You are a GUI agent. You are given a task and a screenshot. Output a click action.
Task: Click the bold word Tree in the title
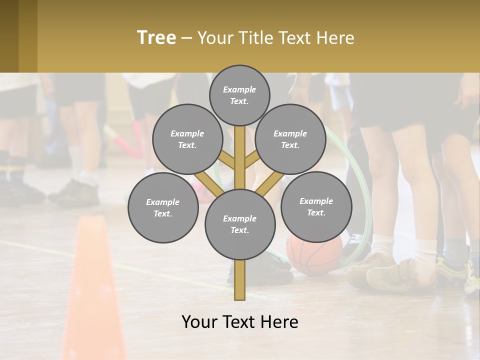[156, 38]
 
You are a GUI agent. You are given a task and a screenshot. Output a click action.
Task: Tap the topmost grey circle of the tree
[239, 95]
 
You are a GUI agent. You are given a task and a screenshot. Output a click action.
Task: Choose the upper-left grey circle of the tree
[187, 139]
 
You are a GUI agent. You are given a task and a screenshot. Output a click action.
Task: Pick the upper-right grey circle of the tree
[290, 139]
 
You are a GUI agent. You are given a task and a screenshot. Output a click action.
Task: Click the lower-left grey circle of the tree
[163, 208]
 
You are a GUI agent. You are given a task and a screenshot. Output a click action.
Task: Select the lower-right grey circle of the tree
[316, 207]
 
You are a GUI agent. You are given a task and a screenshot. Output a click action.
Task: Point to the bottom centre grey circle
[240, 224]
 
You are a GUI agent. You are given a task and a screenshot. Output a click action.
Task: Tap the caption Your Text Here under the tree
[240, 322]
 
